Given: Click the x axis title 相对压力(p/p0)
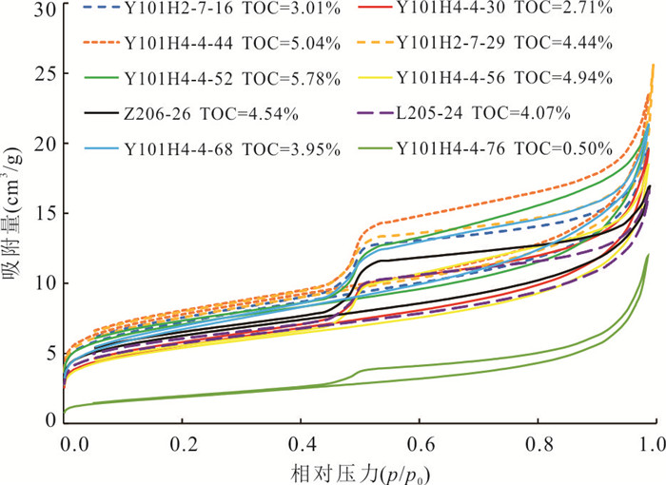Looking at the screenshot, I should point(357,472).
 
